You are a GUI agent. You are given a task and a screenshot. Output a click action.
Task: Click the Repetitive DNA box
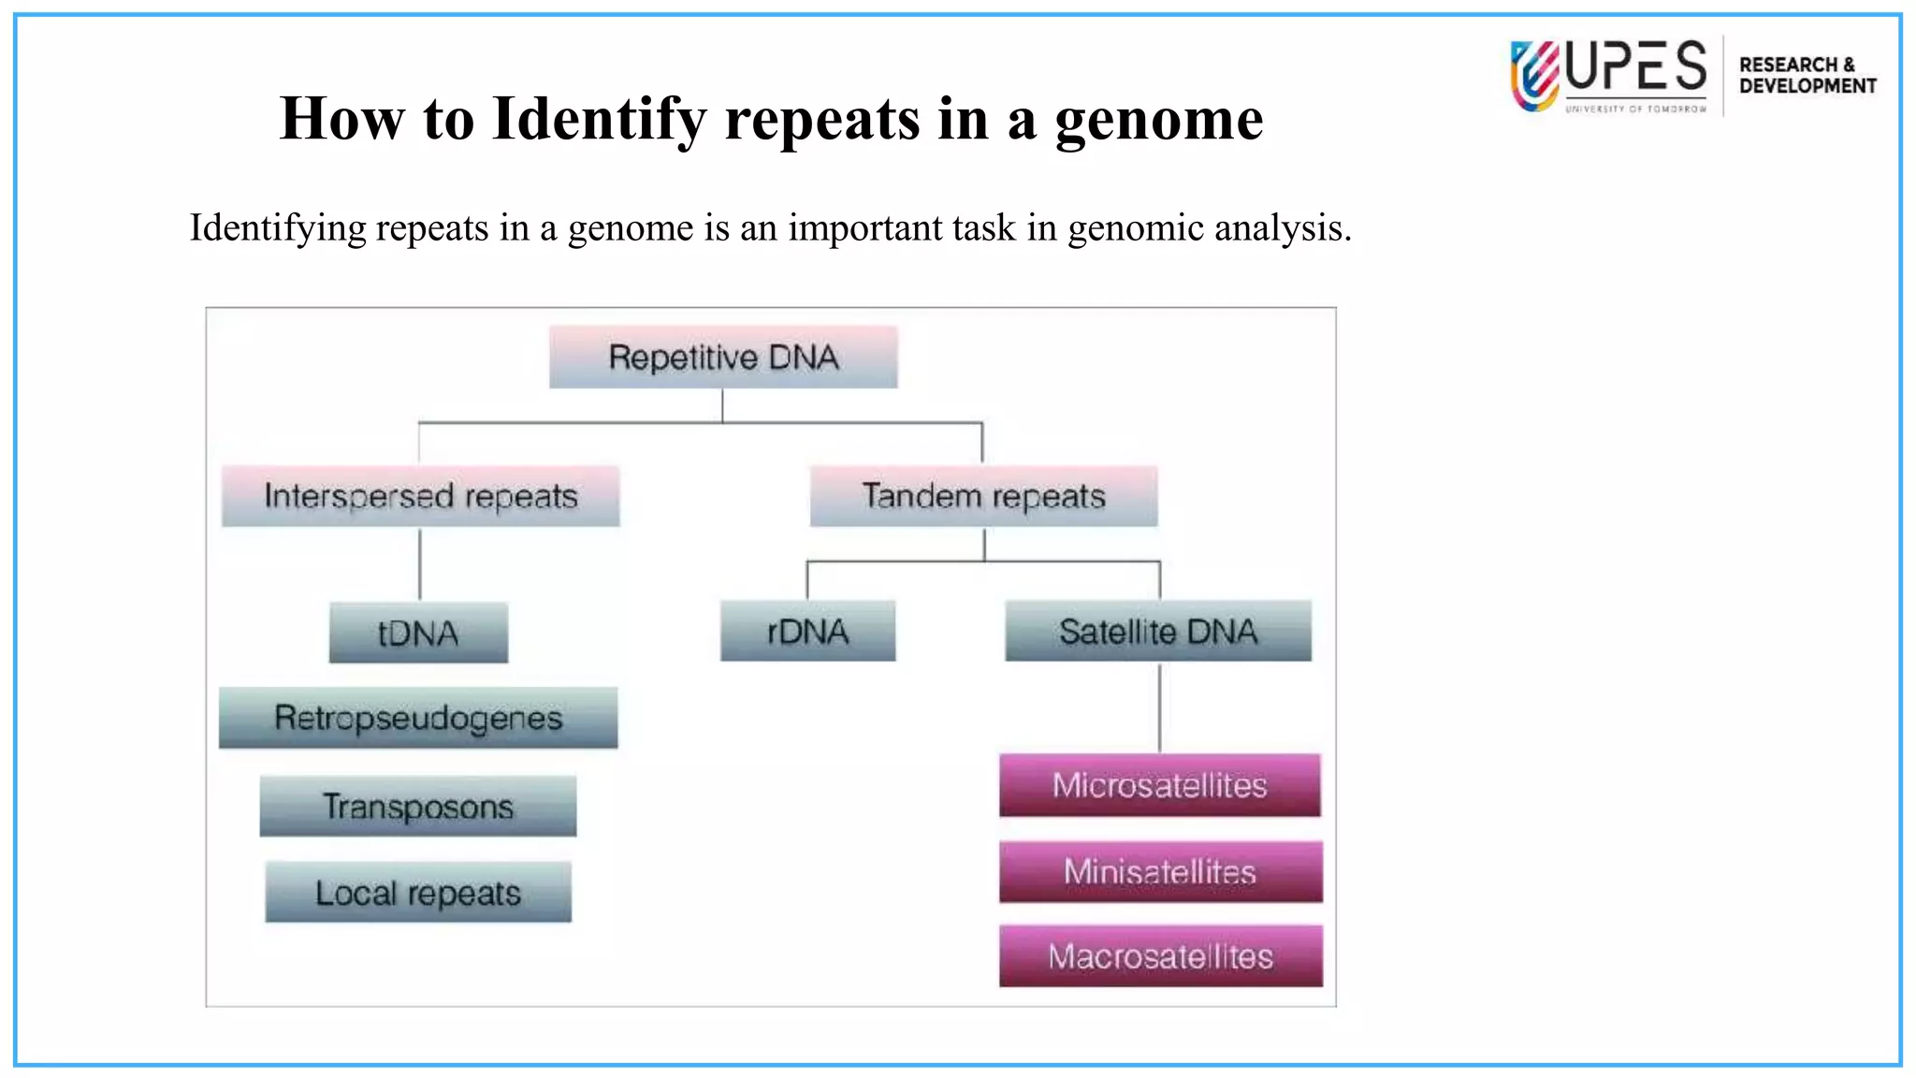coord(723,357)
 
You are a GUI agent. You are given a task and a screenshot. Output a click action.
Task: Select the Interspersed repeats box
coord(420,496)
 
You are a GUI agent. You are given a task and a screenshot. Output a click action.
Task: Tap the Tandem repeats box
coord(983,496)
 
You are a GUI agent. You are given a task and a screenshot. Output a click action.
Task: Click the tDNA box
coord(418,634)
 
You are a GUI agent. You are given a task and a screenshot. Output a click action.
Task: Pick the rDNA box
coord(807,632)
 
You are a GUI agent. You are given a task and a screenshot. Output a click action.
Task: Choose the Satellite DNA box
coord(1158,632)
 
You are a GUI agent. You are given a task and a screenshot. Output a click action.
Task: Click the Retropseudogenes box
coord(418,718)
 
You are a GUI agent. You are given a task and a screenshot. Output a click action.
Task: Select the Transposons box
coord(418,806)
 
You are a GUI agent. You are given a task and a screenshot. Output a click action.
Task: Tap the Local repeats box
coord(418,893)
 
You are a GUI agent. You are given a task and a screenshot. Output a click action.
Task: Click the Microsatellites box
coord(1160,785)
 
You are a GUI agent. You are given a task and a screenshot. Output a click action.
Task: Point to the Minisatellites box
coord(1160,872)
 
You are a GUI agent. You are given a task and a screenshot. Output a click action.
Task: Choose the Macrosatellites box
coord(1160,956)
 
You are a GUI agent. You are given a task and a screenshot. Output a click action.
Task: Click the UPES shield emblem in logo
coord(1534,76)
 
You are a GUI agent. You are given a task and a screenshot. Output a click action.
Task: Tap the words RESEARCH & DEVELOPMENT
coord(1807,76)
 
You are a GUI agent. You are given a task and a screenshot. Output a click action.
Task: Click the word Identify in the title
coord(599,120)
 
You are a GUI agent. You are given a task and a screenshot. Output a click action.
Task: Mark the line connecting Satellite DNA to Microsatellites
coord(1160,707)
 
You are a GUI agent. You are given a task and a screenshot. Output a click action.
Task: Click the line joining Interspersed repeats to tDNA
coord(420,564)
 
